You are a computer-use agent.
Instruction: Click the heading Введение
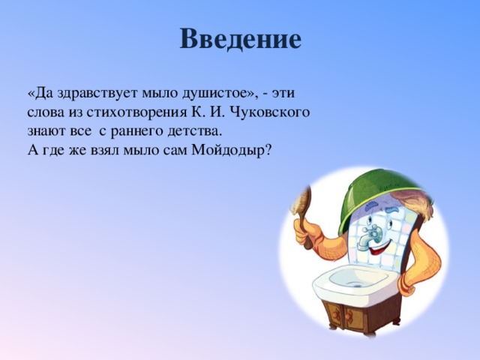(x=240, y=39)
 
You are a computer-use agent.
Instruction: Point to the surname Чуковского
(x=268, y=112)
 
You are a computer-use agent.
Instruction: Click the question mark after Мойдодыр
(x=268, y=150)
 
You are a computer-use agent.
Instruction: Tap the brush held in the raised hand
(x=302, y=211)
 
